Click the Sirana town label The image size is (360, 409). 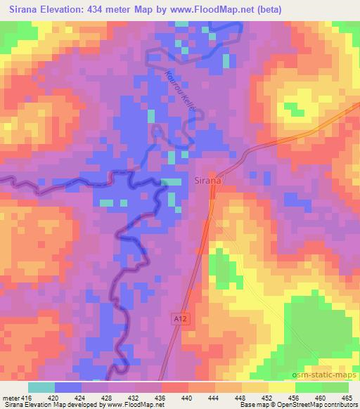coord(207,181)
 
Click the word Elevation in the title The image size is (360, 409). coord(69,10)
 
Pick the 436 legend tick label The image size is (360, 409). coord(162,398)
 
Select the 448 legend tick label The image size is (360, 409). coord(242,398)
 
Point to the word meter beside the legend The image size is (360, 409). coord(12,398)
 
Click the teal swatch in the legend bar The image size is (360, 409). coord(41,387)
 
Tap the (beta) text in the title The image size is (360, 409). coord(339,10)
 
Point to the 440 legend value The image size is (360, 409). coord(188,398)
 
